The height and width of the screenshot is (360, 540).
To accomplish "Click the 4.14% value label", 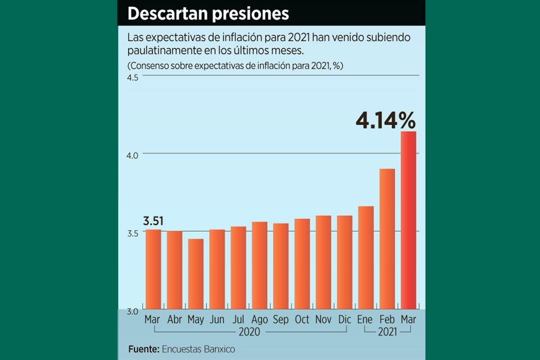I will (x=385, y=120).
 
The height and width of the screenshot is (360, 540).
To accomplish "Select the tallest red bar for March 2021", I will (x=408, y=220).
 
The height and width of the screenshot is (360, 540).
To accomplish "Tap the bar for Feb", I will (x=387, y=238).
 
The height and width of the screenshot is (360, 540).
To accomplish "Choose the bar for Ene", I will (x=366, y=257).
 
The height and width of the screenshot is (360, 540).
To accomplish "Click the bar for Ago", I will (x=259, y=265).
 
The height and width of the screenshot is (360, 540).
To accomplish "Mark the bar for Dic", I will (x=344, y=262).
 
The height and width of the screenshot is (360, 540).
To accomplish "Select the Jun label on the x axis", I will (x=217, y=319).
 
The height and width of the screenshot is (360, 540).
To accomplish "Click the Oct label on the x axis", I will (x=302, y=319).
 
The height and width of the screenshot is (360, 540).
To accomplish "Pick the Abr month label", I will (x=174, y=319).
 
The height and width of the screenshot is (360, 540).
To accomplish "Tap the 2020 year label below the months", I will (x=249, y=332).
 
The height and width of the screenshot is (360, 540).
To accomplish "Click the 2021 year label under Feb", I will (x=387, y=332).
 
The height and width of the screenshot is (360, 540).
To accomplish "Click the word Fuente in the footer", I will (x=143, y=349).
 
